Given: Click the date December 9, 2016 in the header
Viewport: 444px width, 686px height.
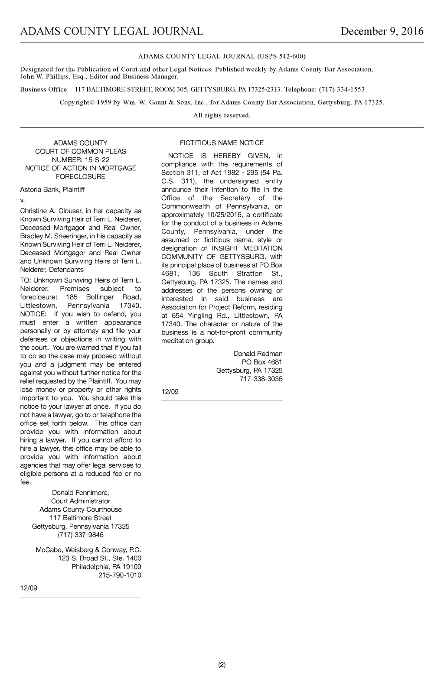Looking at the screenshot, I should pyautogui.click(x=382, y=32).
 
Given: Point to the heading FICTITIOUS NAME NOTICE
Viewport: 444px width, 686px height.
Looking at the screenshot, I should pyautogui.click(x=222, y=143).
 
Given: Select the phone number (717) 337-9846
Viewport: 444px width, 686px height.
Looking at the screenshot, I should pyautogui.click(x=81, y=535).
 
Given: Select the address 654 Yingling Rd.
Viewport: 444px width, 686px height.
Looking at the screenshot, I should pyautogui.click(x=200, y=316).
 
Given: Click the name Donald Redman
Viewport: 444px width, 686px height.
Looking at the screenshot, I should pyautogui.click(x=258, y=354).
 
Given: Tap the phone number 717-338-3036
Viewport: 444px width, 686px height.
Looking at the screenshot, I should pyautogui.click(x=261, y=379).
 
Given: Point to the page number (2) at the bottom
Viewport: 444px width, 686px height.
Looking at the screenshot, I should pyautogui.click(x=222, y=665).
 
